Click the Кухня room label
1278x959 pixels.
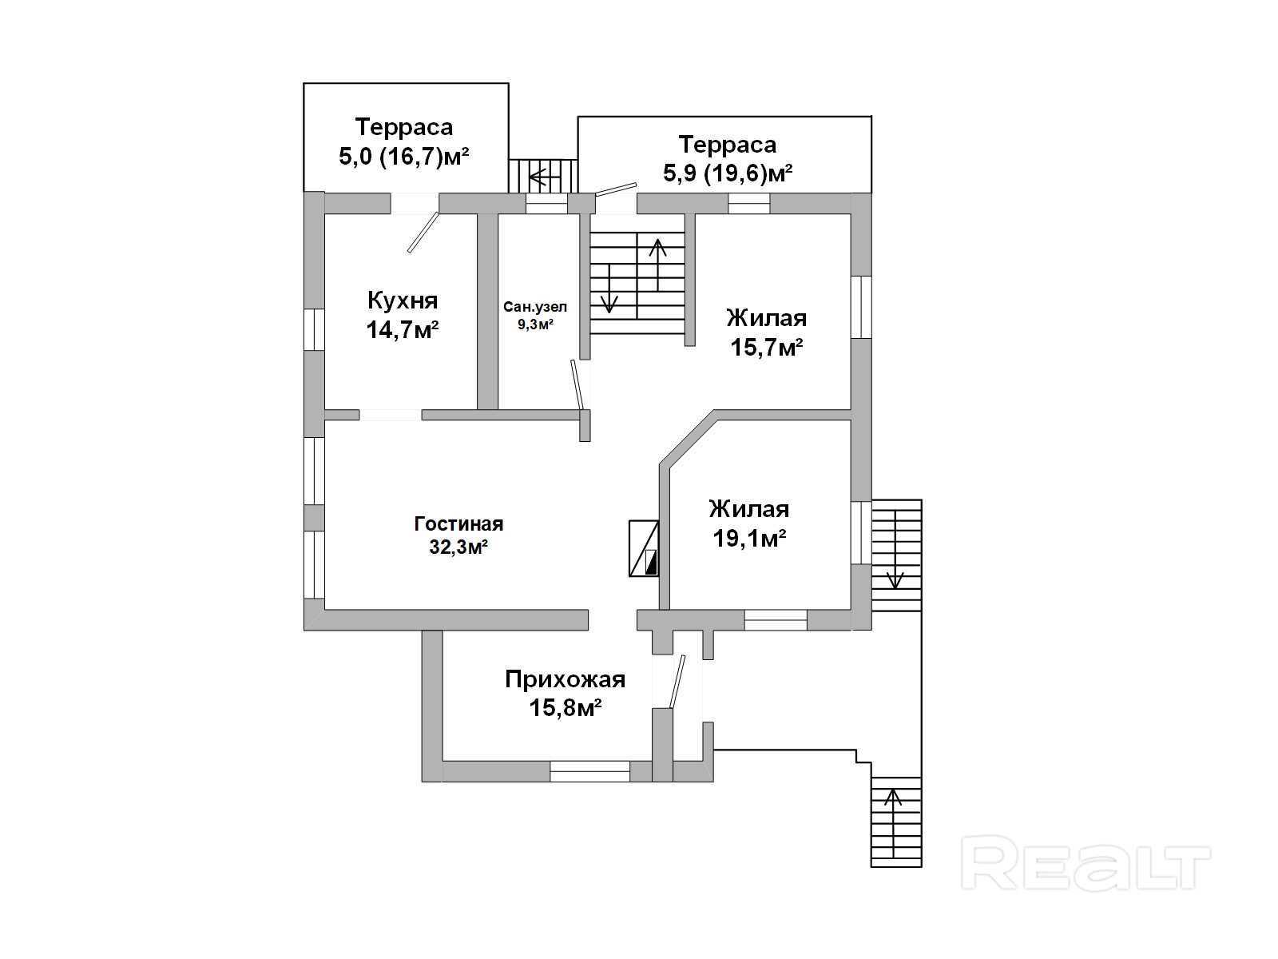(403, 301)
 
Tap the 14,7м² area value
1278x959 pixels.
(403, 330)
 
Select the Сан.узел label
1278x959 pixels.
(535, 307)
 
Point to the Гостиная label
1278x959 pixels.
(458, 524)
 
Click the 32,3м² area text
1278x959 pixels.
(458, 547)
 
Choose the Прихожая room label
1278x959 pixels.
(565, 679)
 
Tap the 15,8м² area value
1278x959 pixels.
(565, 708)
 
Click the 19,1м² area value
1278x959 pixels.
(749, 539)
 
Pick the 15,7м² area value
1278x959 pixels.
(767, 348)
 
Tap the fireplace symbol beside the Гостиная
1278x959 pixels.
(644, 548)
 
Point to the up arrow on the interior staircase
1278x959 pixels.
(658, 265)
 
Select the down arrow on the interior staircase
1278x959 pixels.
(609, 288)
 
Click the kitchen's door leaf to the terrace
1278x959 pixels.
(423, 233)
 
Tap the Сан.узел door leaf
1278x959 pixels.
(577, 384)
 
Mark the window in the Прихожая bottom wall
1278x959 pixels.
(589, 771)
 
